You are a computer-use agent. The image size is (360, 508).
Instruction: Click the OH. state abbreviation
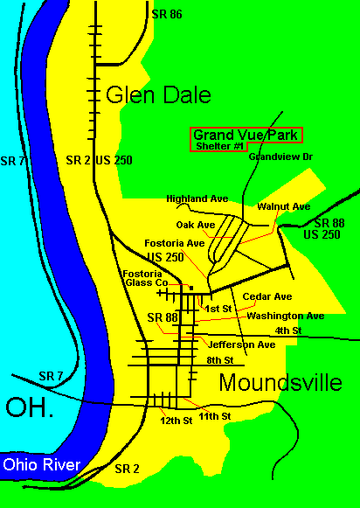pos(30,407)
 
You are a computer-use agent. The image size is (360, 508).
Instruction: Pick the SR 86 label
pos(166,14)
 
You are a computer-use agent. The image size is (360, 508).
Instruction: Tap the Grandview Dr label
pos(280,157)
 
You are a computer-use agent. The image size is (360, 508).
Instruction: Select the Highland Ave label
pos(190,198)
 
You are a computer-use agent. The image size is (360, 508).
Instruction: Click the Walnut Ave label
pos(283,206)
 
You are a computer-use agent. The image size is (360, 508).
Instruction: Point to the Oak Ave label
pos(195,225)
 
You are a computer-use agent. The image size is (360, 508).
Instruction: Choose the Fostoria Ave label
pos(175,243)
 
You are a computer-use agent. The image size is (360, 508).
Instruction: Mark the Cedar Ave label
pos(267,297)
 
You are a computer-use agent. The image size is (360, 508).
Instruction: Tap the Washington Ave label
pos(285,316)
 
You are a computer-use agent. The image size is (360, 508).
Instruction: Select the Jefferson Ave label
pos(243,345)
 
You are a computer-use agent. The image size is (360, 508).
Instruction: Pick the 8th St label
pos(219,360)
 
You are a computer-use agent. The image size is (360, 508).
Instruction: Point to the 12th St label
pos(175,421)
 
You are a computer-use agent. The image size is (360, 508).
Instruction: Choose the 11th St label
pos(214,416)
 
